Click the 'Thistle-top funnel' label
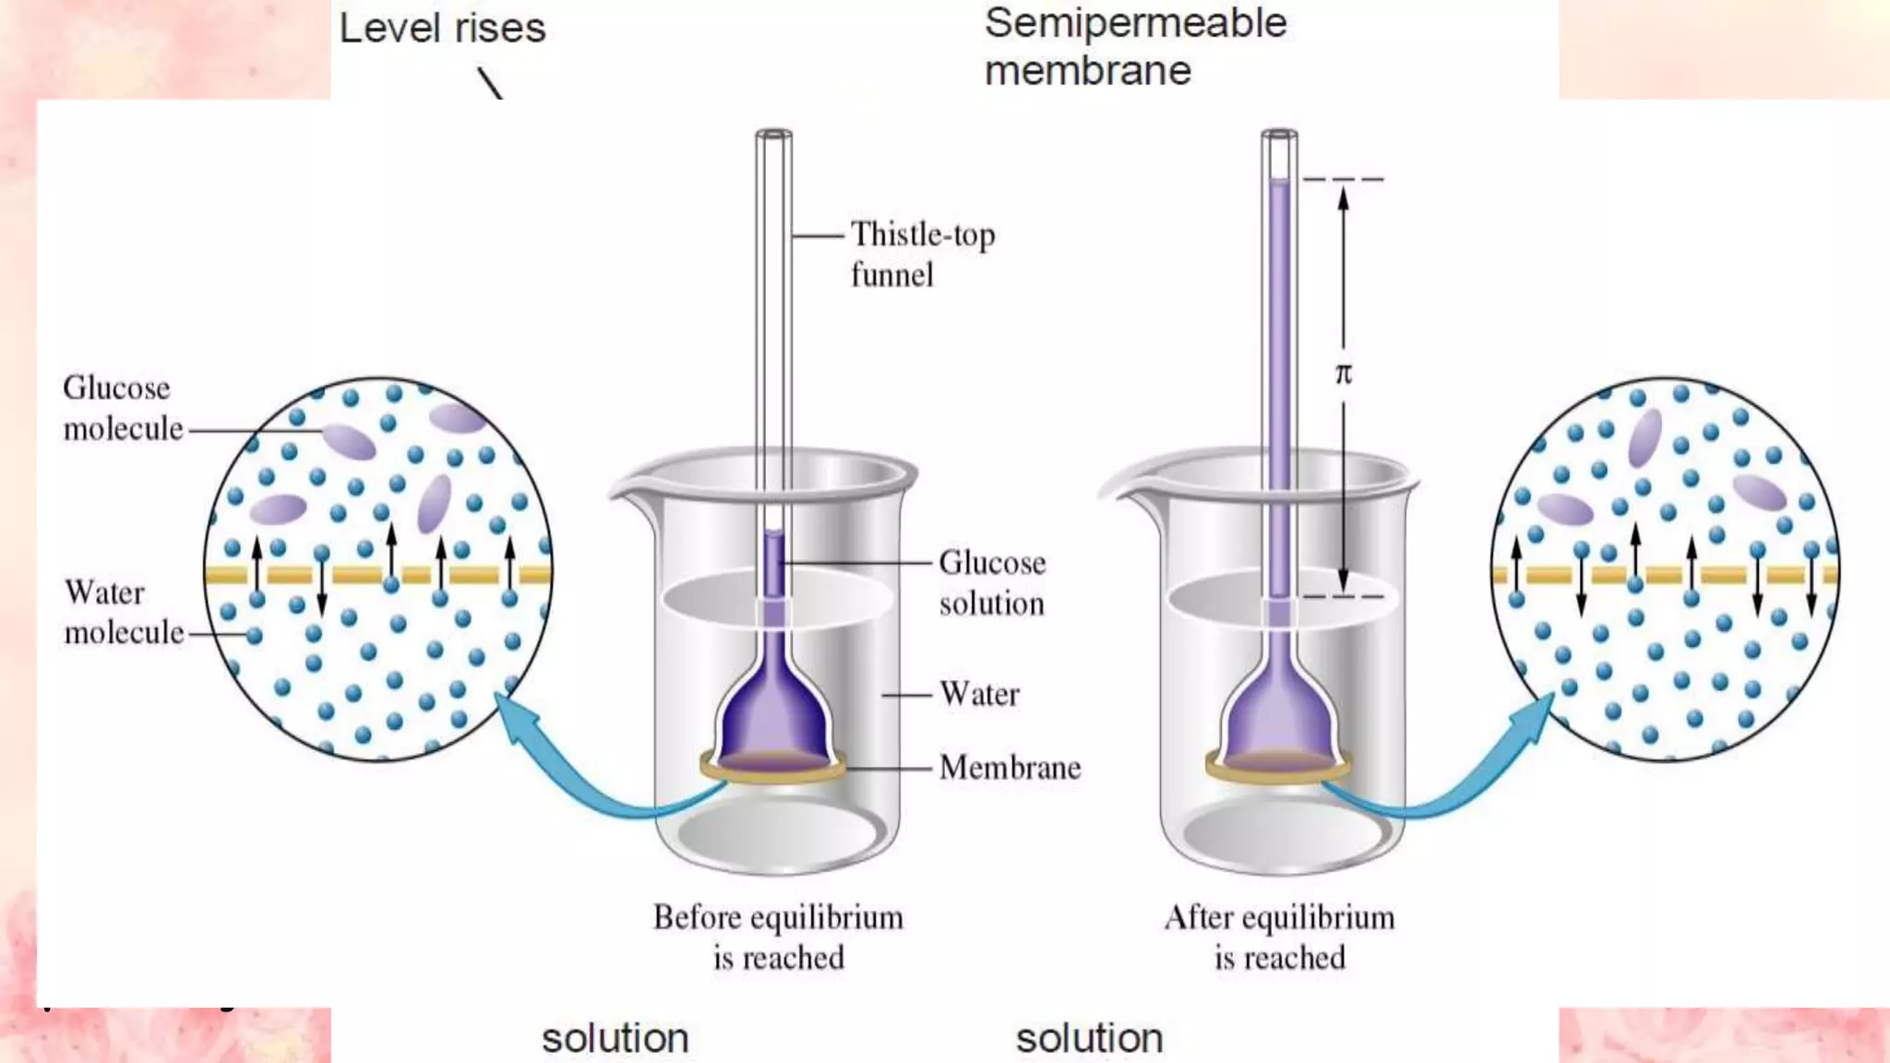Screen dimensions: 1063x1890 click(x=922, y=254)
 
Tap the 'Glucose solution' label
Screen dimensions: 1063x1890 click(x=992, y=582)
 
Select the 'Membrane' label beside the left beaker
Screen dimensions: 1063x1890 click(x=1010, y=768)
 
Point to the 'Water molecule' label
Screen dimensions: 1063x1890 click(x=123, y=612)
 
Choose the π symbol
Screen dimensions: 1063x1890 click(x=1344, y=374)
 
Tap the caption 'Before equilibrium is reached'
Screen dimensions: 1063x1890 click(x=778, y=937)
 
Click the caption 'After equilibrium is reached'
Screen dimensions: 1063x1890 click(x=1279, y=937)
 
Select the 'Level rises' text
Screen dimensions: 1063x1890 click(x=442, y=29)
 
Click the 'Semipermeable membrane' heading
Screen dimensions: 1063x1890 click(x=1134, y=46)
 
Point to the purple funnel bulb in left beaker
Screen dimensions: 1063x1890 click(x=774, y=711)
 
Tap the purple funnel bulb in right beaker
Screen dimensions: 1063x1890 click(x=1279, y=711)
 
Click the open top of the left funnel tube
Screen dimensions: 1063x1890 click(x=773, y=135)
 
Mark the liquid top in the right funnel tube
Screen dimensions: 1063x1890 click(x=1279, y=182)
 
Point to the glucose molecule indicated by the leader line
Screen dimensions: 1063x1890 click(x=349, y=442)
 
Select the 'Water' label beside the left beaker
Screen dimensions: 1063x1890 click(x=979, y=694)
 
